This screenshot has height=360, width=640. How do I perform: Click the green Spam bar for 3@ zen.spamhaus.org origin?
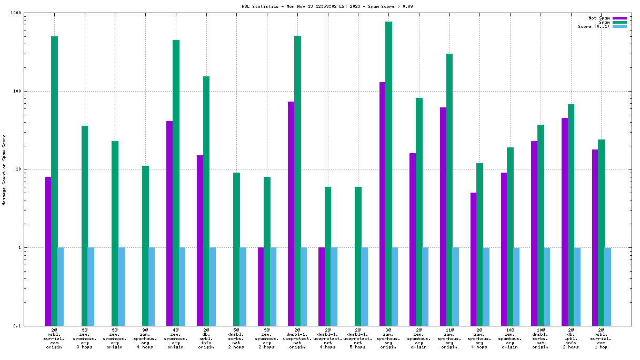coord(388,174)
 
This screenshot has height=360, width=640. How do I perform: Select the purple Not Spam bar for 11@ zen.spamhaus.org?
coord(443,216)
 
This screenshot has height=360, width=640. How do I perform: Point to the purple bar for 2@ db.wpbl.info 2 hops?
coord(565,222)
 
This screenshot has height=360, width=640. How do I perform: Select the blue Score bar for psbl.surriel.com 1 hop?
coord(608,286)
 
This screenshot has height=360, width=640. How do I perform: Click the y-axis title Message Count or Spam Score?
coord(4,169)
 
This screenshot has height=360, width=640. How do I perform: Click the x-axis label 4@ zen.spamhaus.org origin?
coord(176,337)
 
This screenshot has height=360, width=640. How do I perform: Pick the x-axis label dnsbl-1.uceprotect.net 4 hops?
coord(327,337)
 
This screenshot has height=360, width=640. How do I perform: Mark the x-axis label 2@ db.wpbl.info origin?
coord(206,337)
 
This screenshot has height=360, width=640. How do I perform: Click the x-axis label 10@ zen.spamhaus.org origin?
coord(509,337)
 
